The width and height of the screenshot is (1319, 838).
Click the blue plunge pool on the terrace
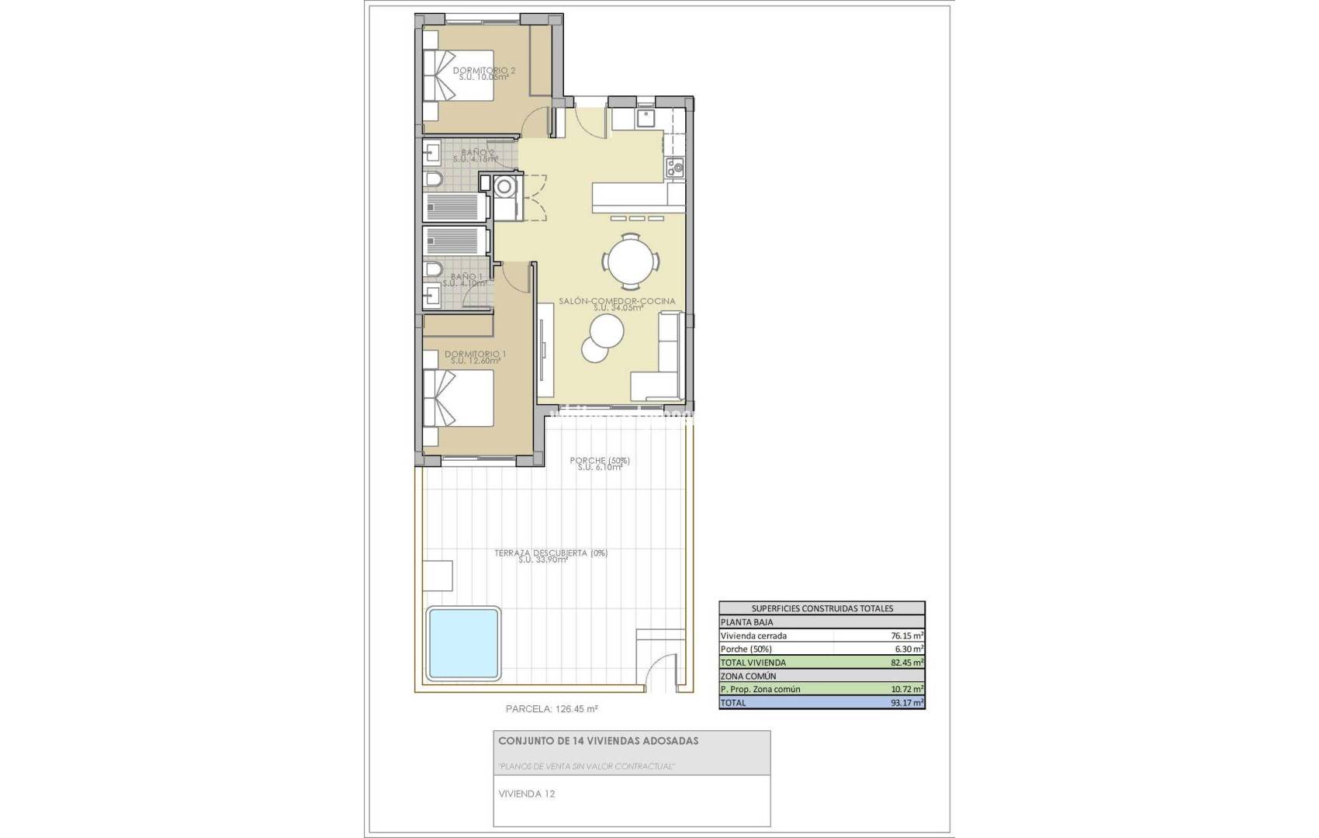point(462,642)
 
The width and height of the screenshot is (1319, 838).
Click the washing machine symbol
point(505,186)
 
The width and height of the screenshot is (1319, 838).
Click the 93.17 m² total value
point(907,703)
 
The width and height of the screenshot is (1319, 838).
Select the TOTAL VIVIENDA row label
point(753,663)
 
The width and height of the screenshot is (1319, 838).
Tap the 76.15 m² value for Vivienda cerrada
point(907,635)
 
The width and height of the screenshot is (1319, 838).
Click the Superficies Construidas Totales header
point(822,608)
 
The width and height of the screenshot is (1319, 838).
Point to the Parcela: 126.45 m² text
point(551,708)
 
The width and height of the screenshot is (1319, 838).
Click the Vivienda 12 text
point(526,794)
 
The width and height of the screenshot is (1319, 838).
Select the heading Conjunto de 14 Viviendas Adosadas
point(597,741)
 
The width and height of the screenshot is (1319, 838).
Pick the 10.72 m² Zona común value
point(907,689)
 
